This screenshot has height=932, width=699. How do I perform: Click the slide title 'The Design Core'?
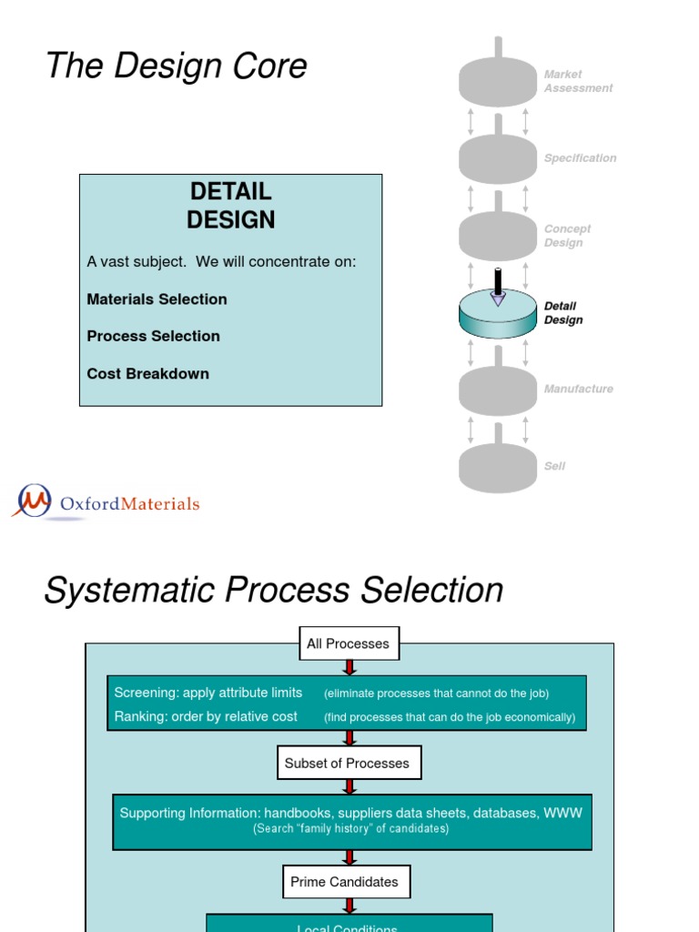176,66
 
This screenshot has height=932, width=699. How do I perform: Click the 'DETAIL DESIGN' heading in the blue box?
230,206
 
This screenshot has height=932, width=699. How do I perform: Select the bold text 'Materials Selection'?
157,299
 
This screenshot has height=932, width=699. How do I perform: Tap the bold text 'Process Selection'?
153,337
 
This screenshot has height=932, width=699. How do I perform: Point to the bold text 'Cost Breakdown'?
147,374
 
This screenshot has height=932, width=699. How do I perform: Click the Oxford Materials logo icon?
34,501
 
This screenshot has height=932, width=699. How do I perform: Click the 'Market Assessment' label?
578,81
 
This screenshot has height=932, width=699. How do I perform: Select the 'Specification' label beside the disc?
580,158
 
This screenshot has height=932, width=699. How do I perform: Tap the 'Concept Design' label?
567,236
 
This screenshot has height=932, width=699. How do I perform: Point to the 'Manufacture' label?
578,390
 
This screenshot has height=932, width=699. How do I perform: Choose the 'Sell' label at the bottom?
554,466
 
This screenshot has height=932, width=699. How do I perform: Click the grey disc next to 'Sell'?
497,468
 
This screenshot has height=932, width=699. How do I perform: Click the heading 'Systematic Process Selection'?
273,591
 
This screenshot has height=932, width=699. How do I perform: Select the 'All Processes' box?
348,643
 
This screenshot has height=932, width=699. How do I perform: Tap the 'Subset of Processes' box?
348,764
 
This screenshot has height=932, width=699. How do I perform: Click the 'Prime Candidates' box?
345,882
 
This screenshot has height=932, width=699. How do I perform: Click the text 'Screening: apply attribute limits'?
208,693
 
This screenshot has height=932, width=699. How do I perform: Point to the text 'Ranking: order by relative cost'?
206,717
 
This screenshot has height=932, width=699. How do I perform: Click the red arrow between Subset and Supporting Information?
349,786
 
